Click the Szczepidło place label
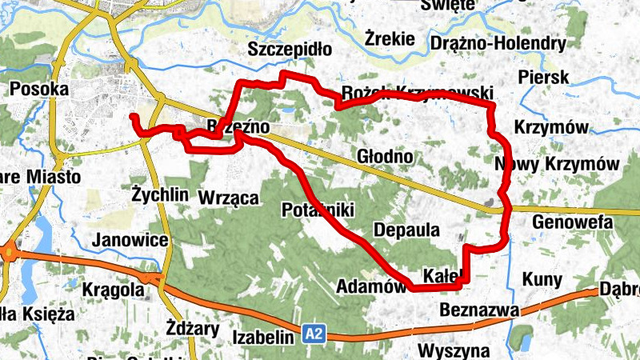pos(290,49)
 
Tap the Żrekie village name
pos(389,38)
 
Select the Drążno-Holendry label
pos(498,42)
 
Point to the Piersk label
pos(543,78)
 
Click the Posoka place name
pos(38,89)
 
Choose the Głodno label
pos(385,157)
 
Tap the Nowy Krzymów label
pos(558,164)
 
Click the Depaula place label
pos(406,230)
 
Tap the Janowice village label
pos(130,240)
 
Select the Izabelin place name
pos(264,338)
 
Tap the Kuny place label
pos(542,279)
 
